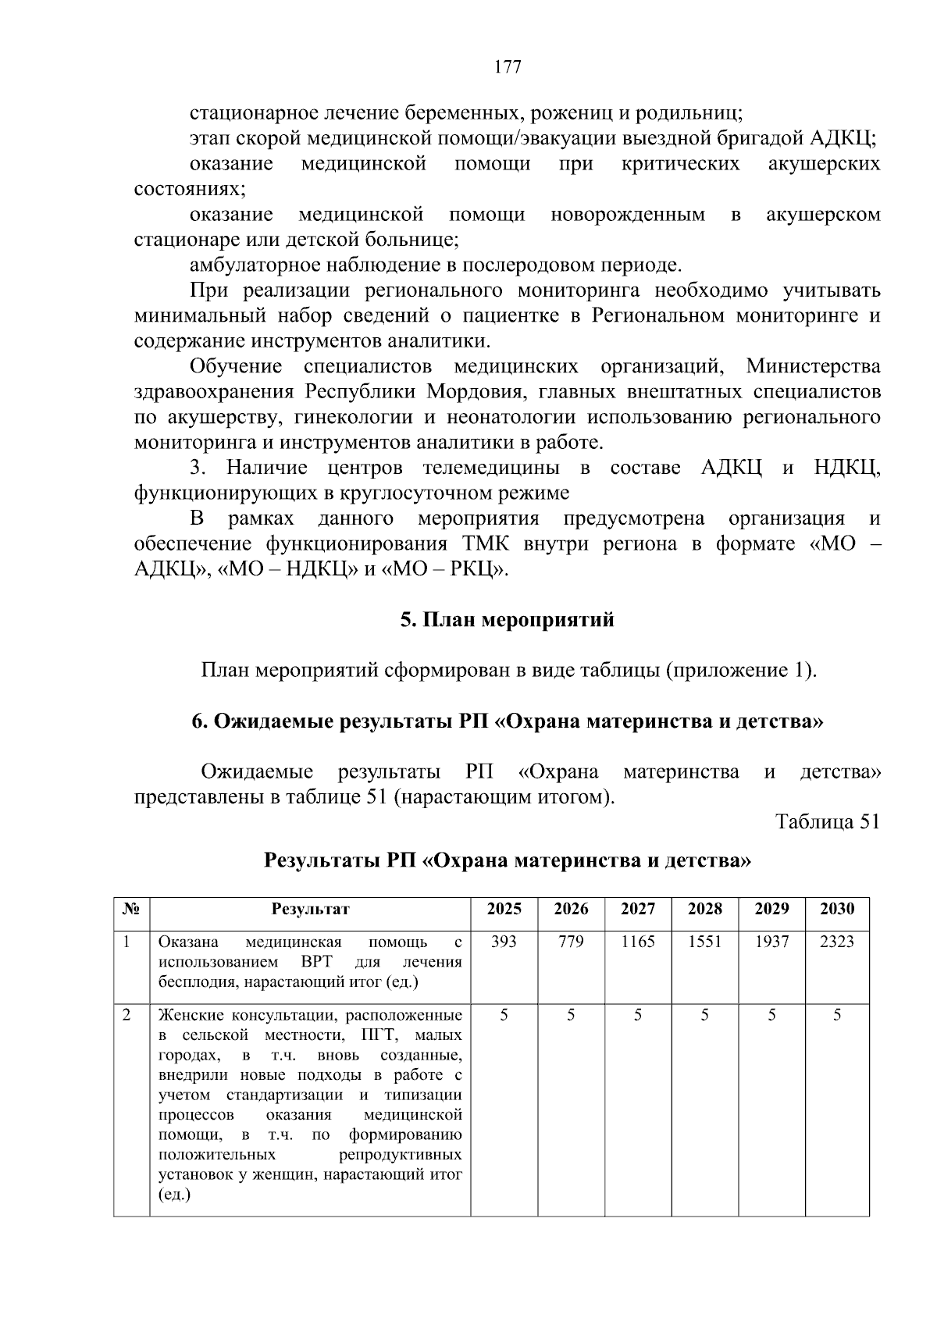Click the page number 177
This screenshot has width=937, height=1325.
click(508, 66)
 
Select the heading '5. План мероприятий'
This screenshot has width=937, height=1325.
click(508, 620)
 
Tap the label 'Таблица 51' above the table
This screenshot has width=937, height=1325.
click(827, 821)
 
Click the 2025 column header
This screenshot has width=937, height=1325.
click(504, 909)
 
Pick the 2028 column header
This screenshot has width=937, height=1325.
click(704, 909)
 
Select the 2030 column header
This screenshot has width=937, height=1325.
click(837, 909)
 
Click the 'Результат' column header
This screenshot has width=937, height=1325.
click(310, 909)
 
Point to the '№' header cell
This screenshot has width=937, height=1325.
click(131, 909)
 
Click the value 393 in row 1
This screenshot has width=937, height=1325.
click(504, 942)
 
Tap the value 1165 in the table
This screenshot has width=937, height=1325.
click(638, 942)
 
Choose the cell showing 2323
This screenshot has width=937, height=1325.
click(837, 942)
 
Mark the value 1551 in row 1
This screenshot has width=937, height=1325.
click(704, 942)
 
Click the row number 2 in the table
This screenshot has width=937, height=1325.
click(126, 1015)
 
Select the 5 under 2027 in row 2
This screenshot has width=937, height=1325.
click(638, 1015)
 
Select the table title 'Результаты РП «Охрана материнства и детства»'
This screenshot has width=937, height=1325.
click(508, 860)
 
